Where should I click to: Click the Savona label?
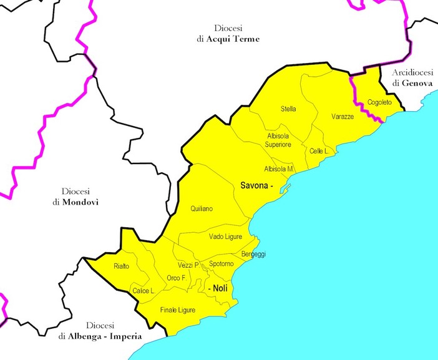(x=255, y=186)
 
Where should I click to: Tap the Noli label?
(x=219, y=288)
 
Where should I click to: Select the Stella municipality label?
(x=288, y=109)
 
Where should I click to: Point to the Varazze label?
(x=343, y=117)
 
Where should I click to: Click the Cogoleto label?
(x=379, y=102)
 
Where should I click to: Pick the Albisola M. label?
(x=278, y=169)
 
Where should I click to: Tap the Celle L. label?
(x=319, y=151)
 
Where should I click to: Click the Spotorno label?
(x=221, y=264)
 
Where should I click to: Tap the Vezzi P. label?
(x=188, y=265)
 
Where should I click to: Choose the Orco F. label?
(x=177, y=278)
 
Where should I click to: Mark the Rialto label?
(x=122, y=266)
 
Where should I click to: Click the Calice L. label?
(x=144, y=291)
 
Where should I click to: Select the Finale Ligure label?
(x=178, y=310)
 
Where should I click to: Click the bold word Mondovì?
(x=80, y=203)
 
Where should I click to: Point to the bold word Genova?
(x=416, y=82)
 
